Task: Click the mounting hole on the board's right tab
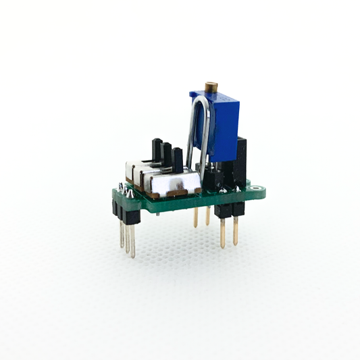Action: point(259,192)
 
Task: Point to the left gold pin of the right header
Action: point(223,232)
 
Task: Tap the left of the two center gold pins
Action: point(195,216)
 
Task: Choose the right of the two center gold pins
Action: point(208,215)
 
